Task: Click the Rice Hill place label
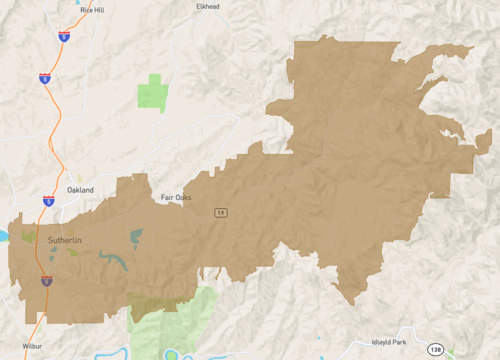pos(79,9)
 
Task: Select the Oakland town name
pos(80,189)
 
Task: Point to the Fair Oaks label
pos(176,197)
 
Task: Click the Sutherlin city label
pos(65,241)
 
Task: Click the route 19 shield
pos(218,212)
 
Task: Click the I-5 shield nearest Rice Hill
pos(64,35)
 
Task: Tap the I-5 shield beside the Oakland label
pos(48,200)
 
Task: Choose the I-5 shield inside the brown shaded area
pos(46,281)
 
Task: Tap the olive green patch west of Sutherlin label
pos(27,237)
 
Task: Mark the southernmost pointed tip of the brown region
pos(350,304)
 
